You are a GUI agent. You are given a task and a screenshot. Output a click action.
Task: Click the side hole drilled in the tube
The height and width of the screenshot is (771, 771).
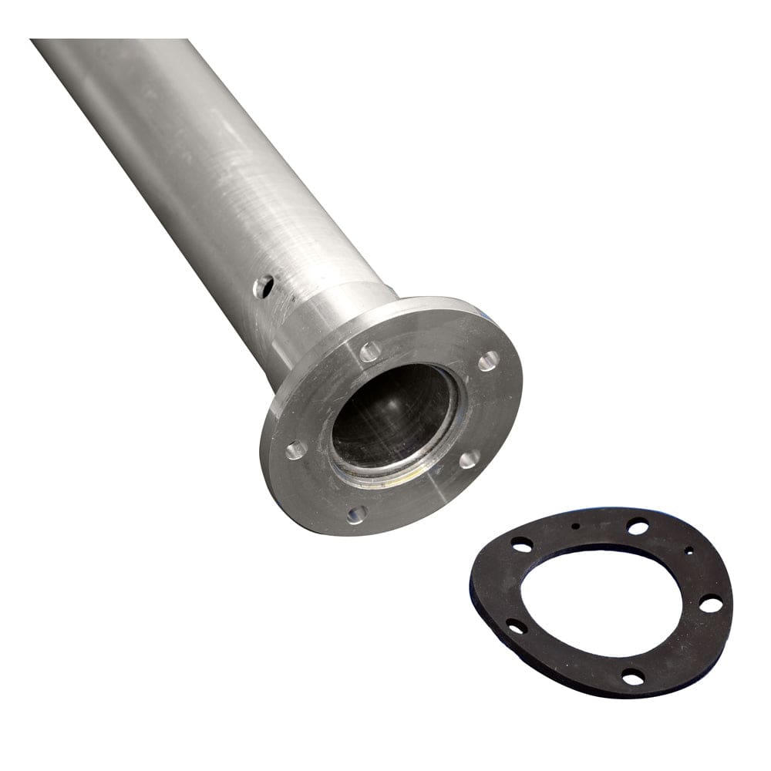[263, 287]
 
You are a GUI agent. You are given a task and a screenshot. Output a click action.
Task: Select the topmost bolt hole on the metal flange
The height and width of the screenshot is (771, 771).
[370, 352]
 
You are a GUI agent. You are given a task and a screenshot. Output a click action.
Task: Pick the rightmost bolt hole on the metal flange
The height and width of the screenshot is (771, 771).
[489, 361]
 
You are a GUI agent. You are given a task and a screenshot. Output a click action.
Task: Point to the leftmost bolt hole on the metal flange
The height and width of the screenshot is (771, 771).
[296, 449]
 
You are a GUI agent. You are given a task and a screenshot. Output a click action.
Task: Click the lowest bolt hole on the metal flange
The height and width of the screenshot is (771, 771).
[356, 514]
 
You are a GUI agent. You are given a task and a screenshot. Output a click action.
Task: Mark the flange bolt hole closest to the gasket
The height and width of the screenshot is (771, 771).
[469, 460]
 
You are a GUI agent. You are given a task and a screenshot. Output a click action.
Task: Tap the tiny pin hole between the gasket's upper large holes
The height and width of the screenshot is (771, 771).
[576, 526]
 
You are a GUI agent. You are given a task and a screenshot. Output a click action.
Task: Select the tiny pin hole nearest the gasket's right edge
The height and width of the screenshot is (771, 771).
[689, 550]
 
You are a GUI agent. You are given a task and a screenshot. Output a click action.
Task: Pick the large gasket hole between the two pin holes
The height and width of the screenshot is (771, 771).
[638, 527]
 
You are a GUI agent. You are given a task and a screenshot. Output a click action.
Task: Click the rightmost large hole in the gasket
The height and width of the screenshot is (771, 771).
[710, 604]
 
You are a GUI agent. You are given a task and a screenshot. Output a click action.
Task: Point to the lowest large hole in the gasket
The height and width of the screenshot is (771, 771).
[633, 677]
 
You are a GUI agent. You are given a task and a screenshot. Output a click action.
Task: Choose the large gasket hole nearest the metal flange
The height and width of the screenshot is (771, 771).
[522, 545]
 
